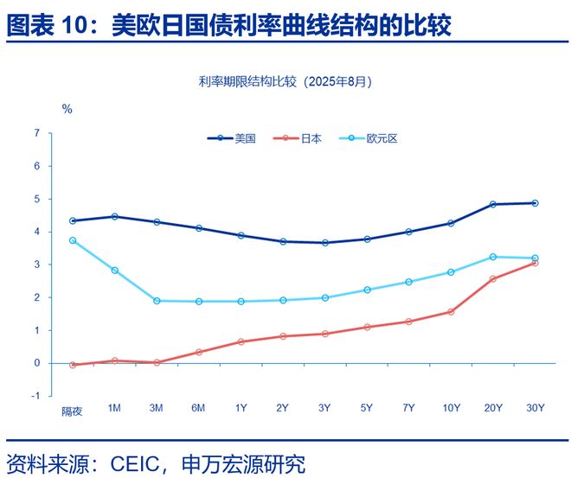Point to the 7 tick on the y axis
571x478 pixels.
pyautogui.click(x=36, y=133)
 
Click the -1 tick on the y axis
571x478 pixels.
pyautogui.click(x=35, y=396)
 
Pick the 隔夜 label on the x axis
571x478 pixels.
pyautogui.click(x=72, y=411)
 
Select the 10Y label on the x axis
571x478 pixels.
pyautogui.click(x=451, y=408)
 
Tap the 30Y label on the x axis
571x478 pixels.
pyautogui.click(x=535, y=408)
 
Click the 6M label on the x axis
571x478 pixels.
pyautogui.click(x=198, y=408)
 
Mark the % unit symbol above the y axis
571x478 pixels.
pyautogui.click(x=67, y=109)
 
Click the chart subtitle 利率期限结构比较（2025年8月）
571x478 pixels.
pyautogui.click(x=285, y=82)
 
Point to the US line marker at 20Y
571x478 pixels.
pyautogui.click(x=493, y=204)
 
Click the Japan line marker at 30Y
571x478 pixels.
pyautogui.click(x=535, y=262)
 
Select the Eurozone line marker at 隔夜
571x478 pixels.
pyautogui.click(x=73, y=240)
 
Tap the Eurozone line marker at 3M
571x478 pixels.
pyautogui.click(x=157, y=301)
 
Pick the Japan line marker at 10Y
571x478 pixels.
pyautogui.click(x=451, y=311)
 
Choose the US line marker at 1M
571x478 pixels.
pyautogui.click(x=114, y=216)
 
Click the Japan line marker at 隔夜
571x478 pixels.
pyautogui.click(x=73, y=365)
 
